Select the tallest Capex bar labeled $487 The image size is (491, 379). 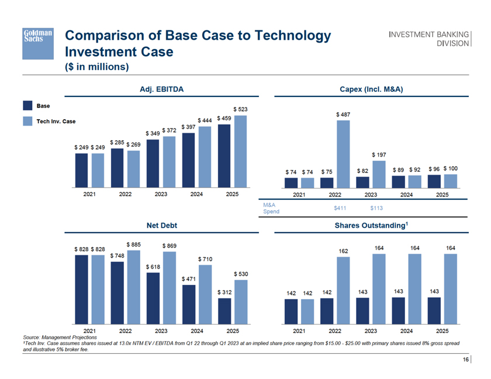343,154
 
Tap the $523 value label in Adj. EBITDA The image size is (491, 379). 240,109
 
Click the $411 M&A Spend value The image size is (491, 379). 341,207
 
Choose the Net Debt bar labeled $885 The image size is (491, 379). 133,287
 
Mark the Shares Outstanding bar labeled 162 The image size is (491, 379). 344,290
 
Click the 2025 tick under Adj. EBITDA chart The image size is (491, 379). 233,195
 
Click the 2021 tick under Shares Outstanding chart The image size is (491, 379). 300,331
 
